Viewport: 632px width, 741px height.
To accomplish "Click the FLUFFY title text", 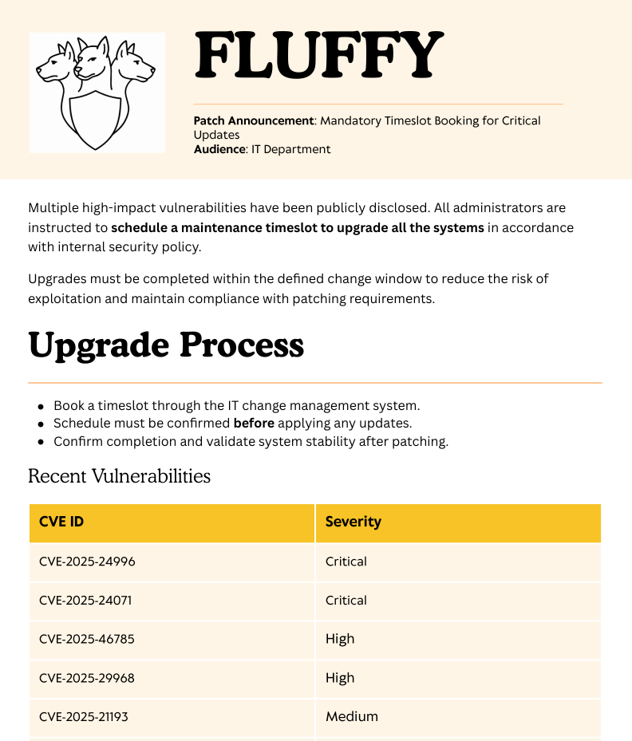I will point(318,55).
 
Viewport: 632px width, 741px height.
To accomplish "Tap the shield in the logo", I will point(96,120).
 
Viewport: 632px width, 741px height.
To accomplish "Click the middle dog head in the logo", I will point(97,60).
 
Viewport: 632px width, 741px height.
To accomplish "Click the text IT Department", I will point(290,149).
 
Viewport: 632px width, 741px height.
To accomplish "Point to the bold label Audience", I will point(219,149).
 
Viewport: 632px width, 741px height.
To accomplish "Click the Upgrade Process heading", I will point(166,345).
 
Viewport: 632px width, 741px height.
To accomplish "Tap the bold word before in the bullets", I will point(254,423).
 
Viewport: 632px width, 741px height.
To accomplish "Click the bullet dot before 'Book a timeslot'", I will point(41,406).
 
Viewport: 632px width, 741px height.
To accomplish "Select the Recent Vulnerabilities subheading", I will point(119,476).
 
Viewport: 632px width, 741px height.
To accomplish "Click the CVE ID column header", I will point(61,522).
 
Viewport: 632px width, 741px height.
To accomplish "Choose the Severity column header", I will point(354,522).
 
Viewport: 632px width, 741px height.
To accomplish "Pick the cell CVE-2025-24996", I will point(87,562).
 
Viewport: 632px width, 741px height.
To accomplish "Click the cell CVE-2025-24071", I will point(85,601).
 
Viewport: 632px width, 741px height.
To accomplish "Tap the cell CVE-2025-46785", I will point(86,639).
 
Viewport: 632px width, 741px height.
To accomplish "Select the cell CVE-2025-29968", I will point(87,678).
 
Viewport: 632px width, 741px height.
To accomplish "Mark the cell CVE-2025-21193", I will point(84,717).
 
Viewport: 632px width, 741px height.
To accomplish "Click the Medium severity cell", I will point(352,717).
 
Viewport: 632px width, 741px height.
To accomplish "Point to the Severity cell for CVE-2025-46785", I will point(340,639).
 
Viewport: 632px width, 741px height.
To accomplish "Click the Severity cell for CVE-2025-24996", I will point(346,562).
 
